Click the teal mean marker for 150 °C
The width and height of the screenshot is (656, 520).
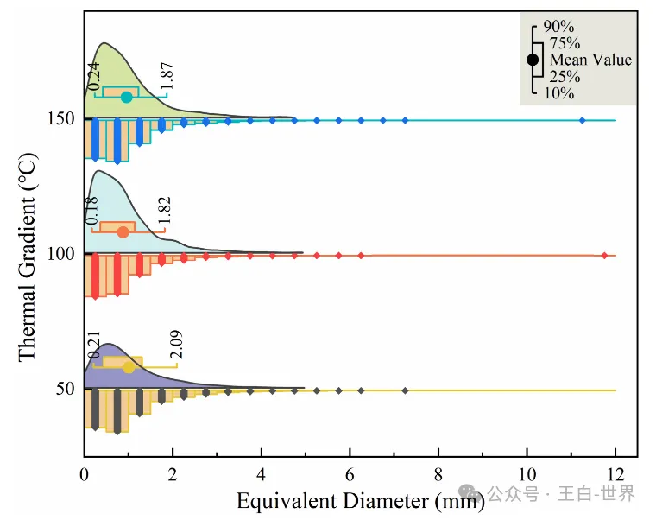pyautogui.click(x=126, y=97)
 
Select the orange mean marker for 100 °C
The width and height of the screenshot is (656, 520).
pyautogui.click(x=123, y=231)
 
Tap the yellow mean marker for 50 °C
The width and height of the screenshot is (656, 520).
pyautogui.click(x=129, y=367)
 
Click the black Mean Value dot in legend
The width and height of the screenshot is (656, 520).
pyautogui.click(x=533, y=60)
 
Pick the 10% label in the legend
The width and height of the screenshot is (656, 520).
pyautogui.click(x=559, y=92)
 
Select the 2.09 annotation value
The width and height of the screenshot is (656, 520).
pyautogui.click(x=176, y=345)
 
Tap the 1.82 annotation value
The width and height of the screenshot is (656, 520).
pyautogui.click(x=166, y=211)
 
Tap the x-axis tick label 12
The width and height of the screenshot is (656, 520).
pyautogui.click(x=615, y=474)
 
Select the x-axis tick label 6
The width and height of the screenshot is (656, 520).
pyautogui.click(x=350, y=474)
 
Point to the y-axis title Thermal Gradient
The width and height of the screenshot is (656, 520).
pyautogui.click(x=27, y=257)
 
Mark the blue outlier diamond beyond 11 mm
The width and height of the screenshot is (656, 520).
pyautogui.click(x=582, y=120)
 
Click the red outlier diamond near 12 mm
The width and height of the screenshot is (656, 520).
pyautogui.click(x=604, y=255)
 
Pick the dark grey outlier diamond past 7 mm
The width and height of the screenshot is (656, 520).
pyautogui.click(x=405, y=390)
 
